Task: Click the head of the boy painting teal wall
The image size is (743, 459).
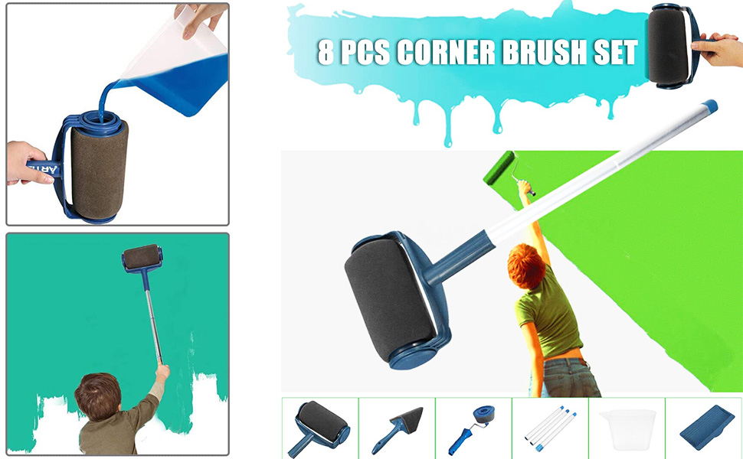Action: pos(97,396)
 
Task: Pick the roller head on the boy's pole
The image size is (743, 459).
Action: pos(142,259)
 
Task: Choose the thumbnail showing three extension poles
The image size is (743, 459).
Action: pos(549,428)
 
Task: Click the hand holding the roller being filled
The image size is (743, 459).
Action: pos(28,162)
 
